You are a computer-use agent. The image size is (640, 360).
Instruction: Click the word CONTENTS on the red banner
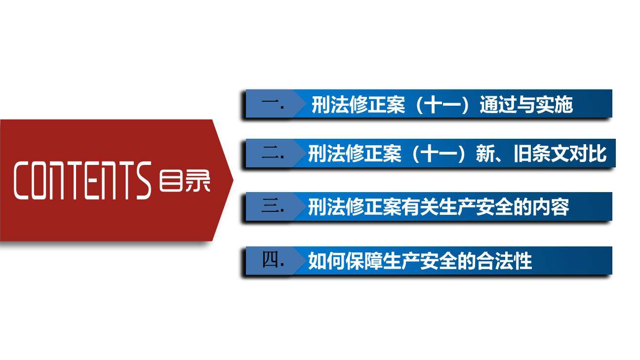[82, 181]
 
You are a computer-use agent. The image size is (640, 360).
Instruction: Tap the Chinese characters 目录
[184, 181]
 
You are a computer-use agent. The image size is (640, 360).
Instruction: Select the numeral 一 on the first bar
[271, 105]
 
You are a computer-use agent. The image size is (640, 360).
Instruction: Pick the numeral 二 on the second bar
[271, 154]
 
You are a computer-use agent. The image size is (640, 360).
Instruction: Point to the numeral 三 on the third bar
[271, 207]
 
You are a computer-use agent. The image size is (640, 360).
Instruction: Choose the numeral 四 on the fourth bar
[271, 260]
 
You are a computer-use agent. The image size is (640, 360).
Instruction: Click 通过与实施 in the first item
[526, 105]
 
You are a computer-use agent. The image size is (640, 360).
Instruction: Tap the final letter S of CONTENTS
[144, 181]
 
